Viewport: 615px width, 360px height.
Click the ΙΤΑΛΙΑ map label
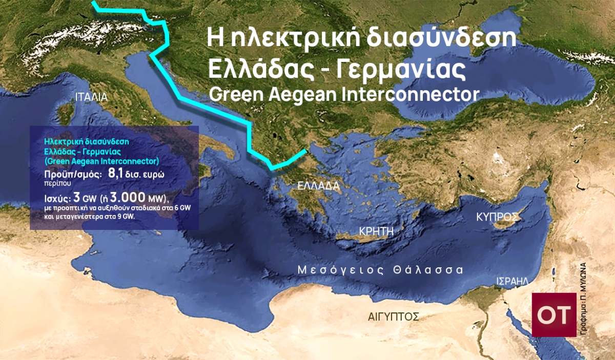click(x=91, y=97)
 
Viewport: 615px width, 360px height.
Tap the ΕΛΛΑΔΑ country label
click(x=318, y=186)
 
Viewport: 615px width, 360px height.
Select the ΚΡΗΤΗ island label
click(x=377, y=230)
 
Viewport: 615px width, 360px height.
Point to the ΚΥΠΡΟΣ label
click(x=495, y=217)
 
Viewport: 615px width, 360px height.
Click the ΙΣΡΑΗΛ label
click(x=512, y=281)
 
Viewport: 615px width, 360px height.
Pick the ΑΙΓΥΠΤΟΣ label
click(x=394, y=316)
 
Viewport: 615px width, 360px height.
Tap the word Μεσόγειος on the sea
click(x=338, y=270)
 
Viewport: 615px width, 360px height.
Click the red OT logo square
click(x=554, y=315)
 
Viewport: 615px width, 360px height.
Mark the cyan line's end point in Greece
click(x=306, y=150)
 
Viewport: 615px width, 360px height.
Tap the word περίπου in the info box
click(x=54, y=182)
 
